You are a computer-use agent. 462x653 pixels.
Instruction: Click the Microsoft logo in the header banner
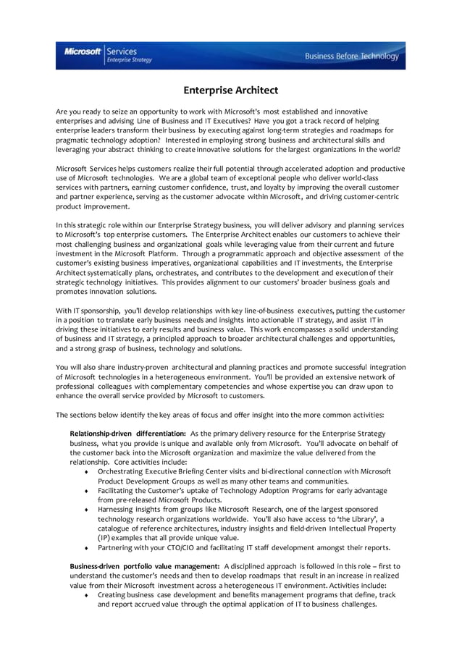coord(83,51)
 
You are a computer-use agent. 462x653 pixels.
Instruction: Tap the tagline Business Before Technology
coord(351,56)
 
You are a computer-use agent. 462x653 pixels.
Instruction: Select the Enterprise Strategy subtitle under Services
coord(130,60)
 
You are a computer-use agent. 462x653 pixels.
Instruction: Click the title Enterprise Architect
coord(230,90)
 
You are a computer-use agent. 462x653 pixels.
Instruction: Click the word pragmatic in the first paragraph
coord(74,139)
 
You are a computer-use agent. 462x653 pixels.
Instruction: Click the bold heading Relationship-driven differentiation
coord(127,433)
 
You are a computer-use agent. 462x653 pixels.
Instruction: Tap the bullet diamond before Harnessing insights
coord(87,510)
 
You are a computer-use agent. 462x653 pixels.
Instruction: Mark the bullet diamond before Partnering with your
coord(87,548)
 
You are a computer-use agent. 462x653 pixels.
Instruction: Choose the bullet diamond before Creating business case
coord(87,595)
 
